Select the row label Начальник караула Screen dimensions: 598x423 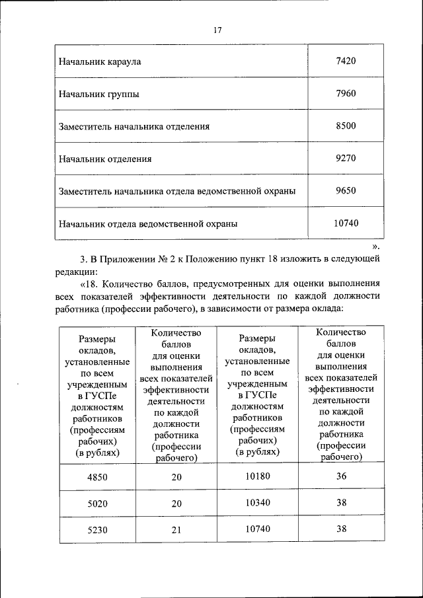coord(100,62)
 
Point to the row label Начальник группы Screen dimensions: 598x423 coord(98,94)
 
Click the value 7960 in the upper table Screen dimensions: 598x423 coord(346,93)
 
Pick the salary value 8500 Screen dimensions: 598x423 coord(346,126)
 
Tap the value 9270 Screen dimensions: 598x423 coord(346,158)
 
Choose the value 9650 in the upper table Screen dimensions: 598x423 coord(346,190)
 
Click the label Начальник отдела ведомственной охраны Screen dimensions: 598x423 coord(148,223)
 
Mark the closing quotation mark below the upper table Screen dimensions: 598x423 coord(375,246)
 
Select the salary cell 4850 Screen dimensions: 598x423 coord(97,478)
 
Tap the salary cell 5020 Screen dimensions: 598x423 coord(97,504)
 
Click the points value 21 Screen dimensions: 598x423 coord(175,530)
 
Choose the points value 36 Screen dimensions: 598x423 coord(341,477)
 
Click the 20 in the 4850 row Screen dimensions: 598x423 coord(175,478)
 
